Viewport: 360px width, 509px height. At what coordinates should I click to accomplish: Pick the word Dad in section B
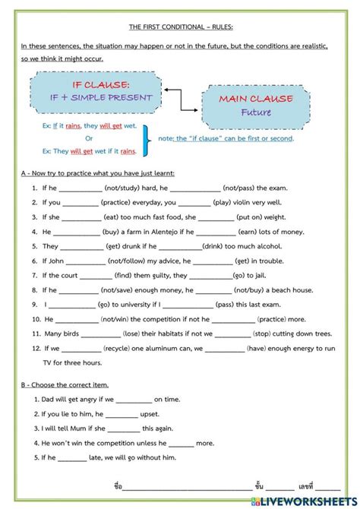49,399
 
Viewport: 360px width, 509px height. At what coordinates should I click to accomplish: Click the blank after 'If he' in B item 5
73,458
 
